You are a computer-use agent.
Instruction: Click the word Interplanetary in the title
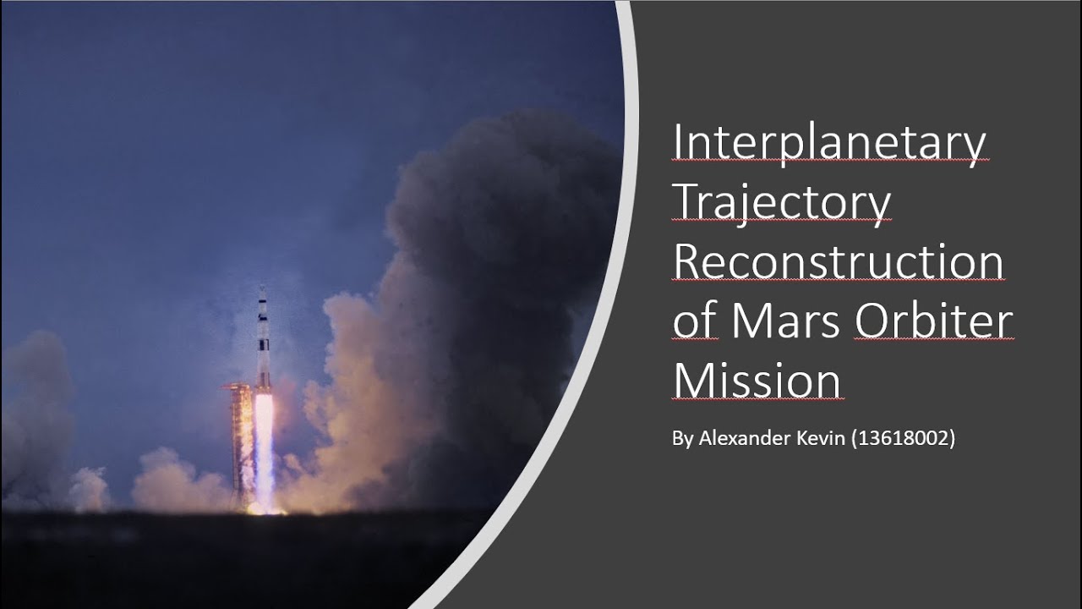pyautogui.click(x=829, y=144)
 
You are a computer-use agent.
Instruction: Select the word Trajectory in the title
pyautogui.click(x=781, y=204)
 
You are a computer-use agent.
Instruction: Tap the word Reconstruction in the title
pyautogui.click(x=838, y=262)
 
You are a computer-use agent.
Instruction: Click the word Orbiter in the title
pyautogui.click(x=933, y=321)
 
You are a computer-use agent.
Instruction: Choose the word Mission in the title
pyautogui.click(x=758, y=381)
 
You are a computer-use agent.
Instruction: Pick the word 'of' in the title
pyautogui.click(x=695, y=323)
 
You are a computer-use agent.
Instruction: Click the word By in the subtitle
pyautogui.click(x=681, y=439)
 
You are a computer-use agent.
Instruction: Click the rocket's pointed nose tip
pyautogui.click(x=262, y=288)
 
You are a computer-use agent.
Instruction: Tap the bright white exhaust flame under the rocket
pyautogui.click(x=264, y=440)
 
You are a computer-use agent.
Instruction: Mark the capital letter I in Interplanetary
pyautogui.click(x=678, y=144)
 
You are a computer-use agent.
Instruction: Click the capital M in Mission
pyautogui.click(x=692, y=381)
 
